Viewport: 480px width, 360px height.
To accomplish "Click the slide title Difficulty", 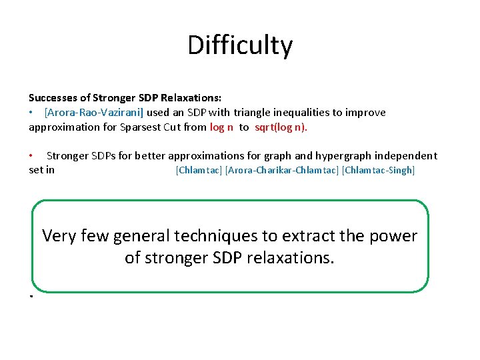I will [240, 45].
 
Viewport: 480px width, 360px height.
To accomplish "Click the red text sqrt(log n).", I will [281, 127].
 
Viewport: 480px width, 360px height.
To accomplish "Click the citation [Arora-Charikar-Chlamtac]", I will [282, 170].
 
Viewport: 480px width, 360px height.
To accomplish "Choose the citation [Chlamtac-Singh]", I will [378, 170].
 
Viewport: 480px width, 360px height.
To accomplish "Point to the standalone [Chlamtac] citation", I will [198, 170].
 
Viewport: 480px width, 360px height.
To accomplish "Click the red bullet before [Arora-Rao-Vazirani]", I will [31, 112].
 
